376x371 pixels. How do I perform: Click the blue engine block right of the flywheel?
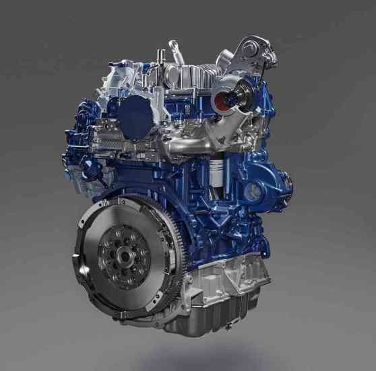202,215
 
